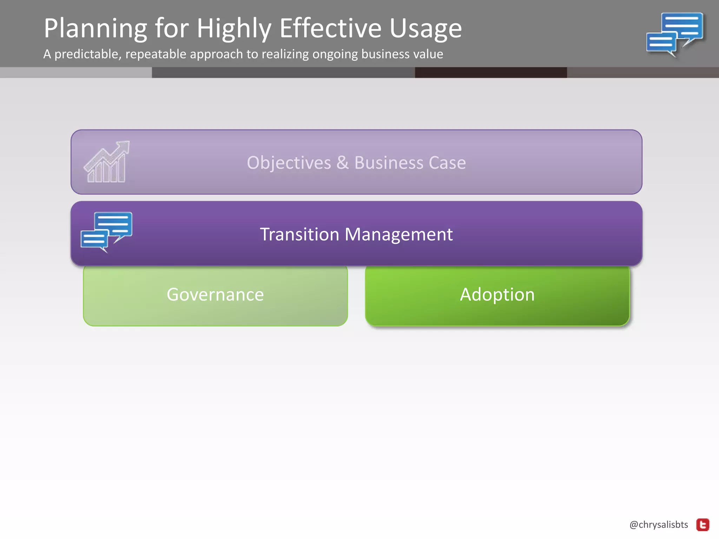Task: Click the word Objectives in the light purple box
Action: pyautogui.click(x=289, y=163)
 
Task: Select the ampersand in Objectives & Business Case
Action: pyautogui.click(x=343, y=163)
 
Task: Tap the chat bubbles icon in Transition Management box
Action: pyautogui.click(x=106, y=232)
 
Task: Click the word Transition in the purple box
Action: pyautogui.click(x=299, y=234)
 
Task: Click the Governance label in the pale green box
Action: pyautogui.click(x=215, y=294)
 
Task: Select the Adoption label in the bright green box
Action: pyautogui.click(x=497, y=294)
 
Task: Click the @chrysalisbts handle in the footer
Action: pyautogui.click(x=659, y=525)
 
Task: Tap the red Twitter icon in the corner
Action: pyautogui.click(x=703, y=525)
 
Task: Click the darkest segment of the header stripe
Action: pyautogui.click(x=490, y=73)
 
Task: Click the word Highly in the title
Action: pyautogui.click(x=234, y=29)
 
